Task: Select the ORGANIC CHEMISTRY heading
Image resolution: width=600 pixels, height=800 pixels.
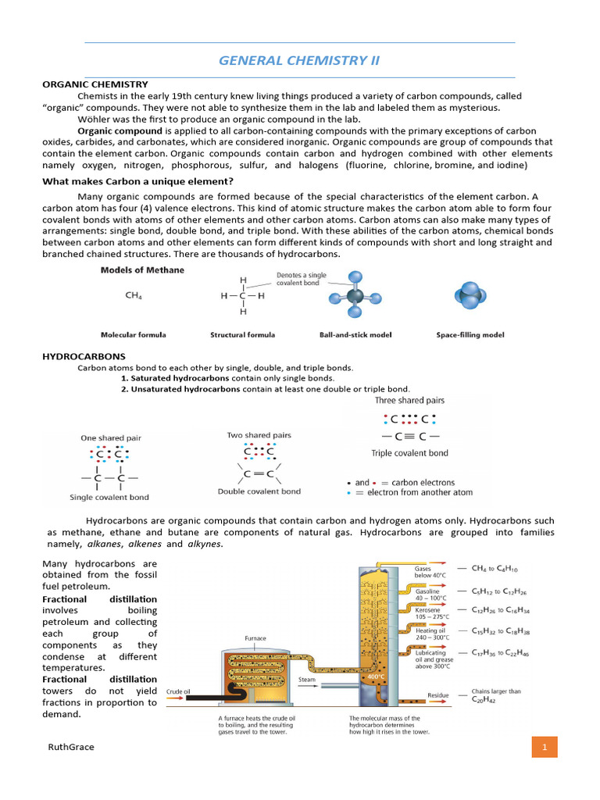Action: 95,84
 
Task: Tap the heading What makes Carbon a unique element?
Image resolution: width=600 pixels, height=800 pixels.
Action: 137,181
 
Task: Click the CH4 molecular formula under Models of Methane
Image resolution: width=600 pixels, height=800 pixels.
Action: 134,296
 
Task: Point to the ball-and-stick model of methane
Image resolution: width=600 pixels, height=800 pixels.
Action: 355,296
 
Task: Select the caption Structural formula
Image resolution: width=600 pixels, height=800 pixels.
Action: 242,335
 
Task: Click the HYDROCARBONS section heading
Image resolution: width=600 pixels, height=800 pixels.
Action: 84,356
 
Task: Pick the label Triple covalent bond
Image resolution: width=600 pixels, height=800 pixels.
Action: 409,453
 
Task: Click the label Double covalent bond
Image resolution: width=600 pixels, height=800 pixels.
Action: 259,491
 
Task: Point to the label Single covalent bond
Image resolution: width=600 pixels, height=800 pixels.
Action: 109,497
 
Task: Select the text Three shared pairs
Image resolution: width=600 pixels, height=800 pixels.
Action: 409,401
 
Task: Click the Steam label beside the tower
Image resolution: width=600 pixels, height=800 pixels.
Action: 307,680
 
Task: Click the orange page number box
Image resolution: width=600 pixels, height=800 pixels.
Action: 544,747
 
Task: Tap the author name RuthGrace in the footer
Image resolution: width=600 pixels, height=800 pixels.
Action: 71,747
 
